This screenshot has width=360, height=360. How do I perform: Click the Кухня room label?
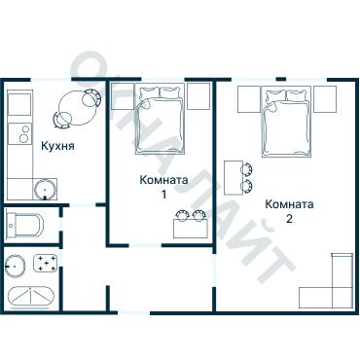click(x=57, y=146)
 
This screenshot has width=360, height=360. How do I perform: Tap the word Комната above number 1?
click(x=163, y=180)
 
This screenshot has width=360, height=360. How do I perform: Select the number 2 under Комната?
click(x=289, y=219)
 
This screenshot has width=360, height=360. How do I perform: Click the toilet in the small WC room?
click(x=25, y=225)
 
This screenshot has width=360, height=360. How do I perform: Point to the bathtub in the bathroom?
click(x=30, y=298)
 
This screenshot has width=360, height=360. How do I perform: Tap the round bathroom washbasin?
click(x=16, y=266)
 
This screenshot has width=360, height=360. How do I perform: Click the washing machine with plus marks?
click(x=46, y=263)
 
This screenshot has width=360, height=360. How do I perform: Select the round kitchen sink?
click(x=45, y=190)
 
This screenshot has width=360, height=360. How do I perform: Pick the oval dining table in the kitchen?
click(x=78, y=109)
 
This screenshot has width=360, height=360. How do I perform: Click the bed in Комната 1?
click(x=160, y=119)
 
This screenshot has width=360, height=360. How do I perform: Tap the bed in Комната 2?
click(x=286, y=122)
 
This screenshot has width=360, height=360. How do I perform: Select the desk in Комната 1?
click(x=191, y=229)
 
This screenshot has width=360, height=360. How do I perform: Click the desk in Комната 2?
click(x=234, y=178)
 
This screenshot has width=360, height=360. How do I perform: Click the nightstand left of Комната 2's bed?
click(x=249, y=99)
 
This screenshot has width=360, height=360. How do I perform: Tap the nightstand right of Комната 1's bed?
click(x=198, y=96)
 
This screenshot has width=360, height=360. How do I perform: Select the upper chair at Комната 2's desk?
click(x=246, y=169)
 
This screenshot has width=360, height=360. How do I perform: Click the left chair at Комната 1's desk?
click(x=182, y=216)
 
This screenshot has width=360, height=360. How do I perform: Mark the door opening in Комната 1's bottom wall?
click(x=145, y=245)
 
